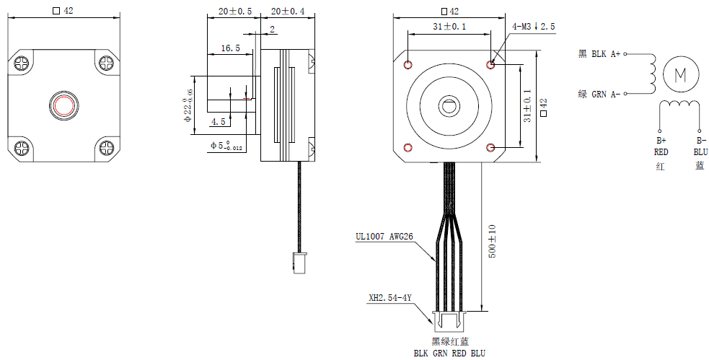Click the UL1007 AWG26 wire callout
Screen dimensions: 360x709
pyautogui.click(x=384, y=236)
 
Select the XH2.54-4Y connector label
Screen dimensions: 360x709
pyautogui.click(x=389, y=297)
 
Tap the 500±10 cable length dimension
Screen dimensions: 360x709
pyautogui.click(x=493, y=242)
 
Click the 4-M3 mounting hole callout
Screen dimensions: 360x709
pyautogui.click(x=533, y=27)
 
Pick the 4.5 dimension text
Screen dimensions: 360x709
pyautogui.click(x=218, y=121)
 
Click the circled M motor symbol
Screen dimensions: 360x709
pyautogui.click(x=680, y=74)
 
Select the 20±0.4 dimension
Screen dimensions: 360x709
pyautogui.click(x=287, y=12)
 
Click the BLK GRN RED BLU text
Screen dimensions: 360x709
pyautogui.click(x=449, y=354)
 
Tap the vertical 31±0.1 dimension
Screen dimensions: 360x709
pyautogui.click(x=527, y=105)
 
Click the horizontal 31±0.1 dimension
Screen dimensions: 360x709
pyautogui.click(x=449, y=27)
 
